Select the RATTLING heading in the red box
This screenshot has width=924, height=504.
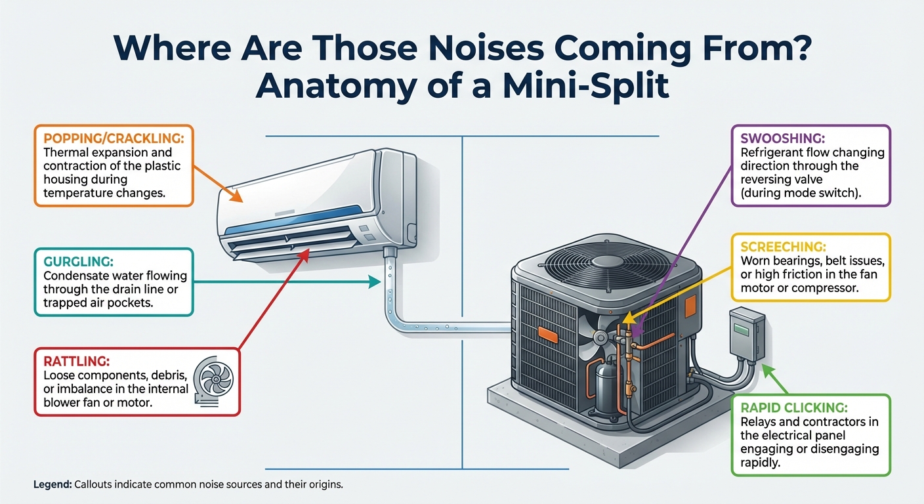69,360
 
